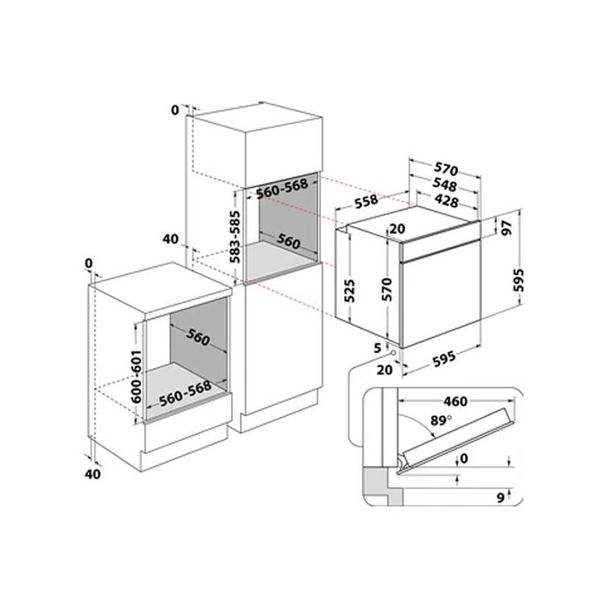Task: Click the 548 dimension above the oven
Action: tap(445, 185)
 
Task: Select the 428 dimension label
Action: tap(446, 201)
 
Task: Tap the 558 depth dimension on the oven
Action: tap(366, 201)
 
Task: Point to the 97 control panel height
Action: tap(506, 228)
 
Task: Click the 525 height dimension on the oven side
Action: tap(348, 291)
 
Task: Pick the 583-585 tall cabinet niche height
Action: tap(235, 237)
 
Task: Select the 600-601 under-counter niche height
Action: tap(136, 376)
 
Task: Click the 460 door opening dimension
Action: tap(456, 401)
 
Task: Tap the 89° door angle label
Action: tap(441, 420)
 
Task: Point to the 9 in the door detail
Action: tap(501, 498)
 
